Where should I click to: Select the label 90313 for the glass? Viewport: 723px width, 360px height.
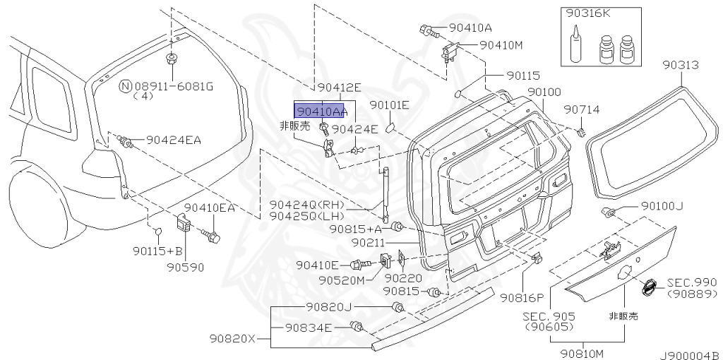pyautogui.click(x=680, y=65)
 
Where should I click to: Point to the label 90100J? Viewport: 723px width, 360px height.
pyautogui.click(x=662, y=206)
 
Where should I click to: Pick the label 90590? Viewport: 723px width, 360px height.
pyautogui.click(x=185, y=268)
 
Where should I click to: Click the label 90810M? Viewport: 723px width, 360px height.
pyautogui.click(x=582, y=352)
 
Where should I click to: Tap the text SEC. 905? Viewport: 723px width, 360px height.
pyautogui.click(x=548, y=316)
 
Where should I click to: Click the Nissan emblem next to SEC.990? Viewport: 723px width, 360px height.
pyautogui.click(x=647, y=288)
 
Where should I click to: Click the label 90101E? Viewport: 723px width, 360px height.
pyautogui.click(x=389, y=105)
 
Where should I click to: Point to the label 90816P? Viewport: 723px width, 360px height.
pyautogui.click(x=522, y=297)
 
